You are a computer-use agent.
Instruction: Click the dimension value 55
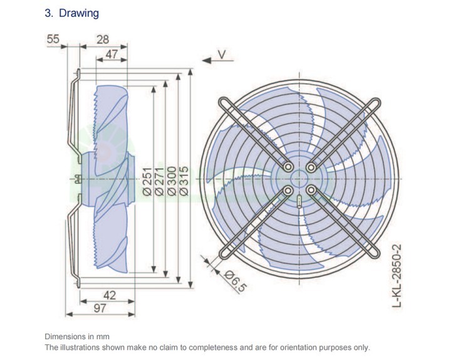(x=53, y=40)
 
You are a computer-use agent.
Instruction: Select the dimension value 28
(x=103, y=40)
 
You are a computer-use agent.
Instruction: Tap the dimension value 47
(x=111, y=55)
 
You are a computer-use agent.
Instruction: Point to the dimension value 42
(x=109, y=295)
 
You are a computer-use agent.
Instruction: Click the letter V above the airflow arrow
(x=221, y=55)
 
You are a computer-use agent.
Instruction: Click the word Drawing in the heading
(x=78, y=13)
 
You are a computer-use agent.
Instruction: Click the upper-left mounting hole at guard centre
(x=288, y=167)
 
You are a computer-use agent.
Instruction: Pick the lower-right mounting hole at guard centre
(x=311, y=189)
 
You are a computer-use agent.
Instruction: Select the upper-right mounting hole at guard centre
(x=311, y=167)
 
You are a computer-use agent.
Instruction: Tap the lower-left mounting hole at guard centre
(x=288, y=189)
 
